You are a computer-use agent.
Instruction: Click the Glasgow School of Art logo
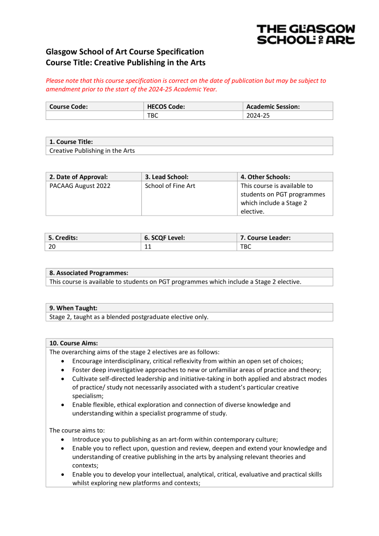coord(306,34)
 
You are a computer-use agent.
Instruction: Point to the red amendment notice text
coord(186,85)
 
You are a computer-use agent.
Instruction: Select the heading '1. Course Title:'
coord(71,142)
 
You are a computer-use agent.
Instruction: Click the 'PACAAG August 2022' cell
coord(80,186)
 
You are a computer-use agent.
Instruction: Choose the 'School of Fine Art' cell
coord(170,186)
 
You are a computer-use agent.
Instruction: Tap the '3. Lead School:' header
coord(166,177)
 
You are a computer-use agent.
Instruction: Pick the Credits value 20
coord(52,247)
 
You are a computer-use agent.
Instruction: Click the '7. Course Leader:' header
coord(265,238)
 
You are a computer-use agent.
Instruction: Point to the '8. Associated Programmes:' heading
coord(89,273)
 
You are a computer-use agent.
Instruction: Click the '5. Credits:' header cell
coord(63,238)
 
